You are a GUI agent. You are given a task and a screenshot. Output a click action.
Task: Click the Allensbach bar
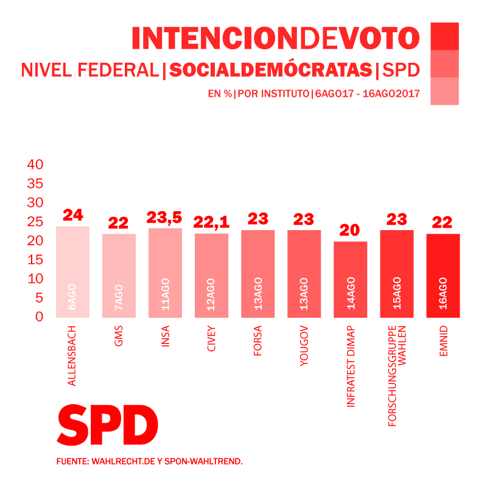pos(72,272)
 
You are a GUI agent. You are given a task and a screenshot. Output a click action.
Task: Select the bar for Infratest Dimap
pos(350,279)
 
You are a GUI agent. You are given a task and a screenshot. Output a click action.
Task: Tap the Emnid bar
pos(443,275)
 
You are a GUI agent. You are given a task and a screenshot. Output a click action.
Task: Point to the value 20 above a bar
pos(350,231)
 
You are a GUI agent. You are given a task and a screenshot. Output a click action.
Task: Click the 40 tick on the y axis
pos(35,164)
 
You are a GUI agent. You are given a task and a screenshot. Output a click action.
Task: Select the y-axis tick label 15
pos(35,260)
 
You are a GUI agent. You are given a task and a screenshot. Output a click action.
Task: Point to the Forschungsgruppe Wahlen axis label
pos(397,377)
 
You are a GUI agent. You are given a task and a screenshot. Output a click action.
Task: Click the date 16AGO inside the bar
pos(443,293)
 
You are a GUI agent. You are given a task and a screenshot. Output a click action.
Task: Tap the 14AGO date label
pos(351,295)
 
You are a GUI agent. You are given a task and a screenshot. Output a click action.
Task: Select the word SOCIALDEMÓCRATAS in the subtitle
pos(270,71)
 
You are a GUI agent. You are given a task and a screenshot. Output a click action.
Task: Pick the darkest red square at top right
pos(444,35)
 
